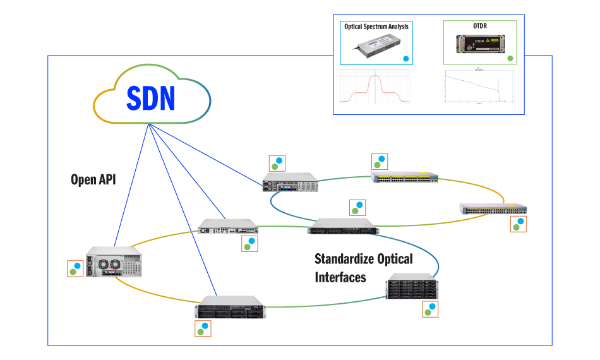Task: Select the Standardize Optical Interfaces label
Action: (363, 268)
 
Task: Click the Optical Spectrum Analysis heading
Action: (376, 27)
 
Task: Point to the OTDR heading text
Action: (480, 26)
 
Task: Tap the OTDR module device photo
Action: (479, 45)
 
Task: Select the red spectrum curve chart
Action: (376, 87)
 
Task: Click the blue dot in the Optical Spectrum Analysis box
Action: (406, 59)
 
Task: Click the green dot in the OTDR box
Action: (510, 58)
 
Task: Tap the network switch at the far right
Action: (493, 210)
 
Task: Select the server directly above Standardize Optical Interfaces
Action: (343, 226)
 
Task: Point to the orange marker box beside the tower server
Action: (76, 268)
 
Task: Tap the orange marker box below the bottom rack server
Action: (203, 328)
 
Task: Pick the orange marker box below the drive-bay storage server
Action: (430, 309)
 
